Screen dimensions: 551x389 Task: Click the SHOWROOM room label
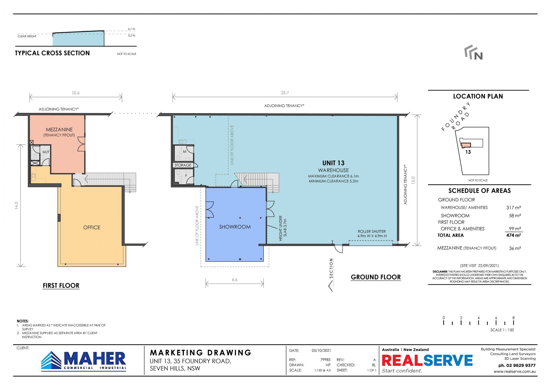pos(235,227)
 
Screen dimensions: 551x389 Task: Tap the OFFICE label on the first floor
pos(92,228)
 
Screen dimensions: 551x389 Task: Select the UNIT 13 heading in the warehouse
pos(333,163)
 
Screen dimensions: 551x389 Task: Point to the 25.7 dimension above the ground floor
pos(285,93)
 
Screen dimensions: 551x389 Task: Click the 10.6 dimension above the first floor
pos(75,93)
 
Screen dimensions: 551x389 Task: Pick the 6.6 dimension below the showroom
pos(234,280)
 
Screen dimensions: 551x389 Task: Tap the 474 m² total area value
pos(513,235)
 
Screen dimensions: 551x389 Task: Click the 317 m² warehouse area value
pos(513,208)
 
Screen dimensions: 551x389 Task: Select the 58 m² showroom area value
pos(515,216)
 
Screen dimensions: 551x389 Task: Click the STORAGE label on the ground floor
pos(183,165)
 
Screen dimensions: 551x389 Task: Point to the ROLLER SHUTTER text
pos(372,231)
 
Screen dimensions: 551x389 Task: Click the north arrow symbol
pos(474,52)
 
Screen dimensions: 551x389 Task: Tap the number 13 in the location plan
pos(468,152)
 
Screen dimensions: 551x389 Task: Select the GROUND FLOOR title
pos(376,277)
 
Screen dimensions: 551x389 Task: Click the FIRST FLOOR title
pos(61,286)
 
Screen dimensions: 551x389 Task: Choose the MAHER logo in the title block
pos(84,361)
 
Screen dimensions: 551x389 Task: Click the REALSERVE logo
pos(427,360)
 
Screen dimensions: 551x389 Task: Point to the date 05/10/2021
pos(321,351)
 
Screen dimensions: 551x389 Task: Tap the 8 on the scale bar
pos(513,318)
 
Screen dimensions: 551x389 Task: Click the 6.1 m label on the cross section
pos(131,29)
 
